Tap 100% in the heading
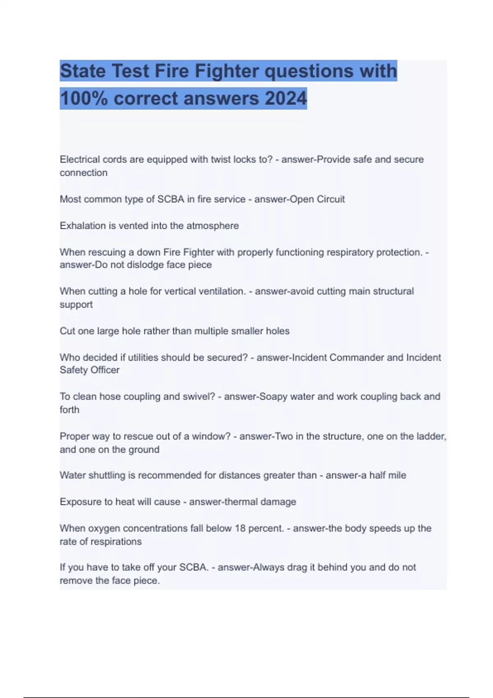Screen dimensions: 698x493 tap(84, 99)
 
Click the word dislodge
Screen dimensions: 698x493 tap(145, 265)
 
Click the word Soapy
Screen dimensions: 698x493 tap(273, 397)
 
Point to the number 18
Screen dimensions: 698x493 tap(240, 528)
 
